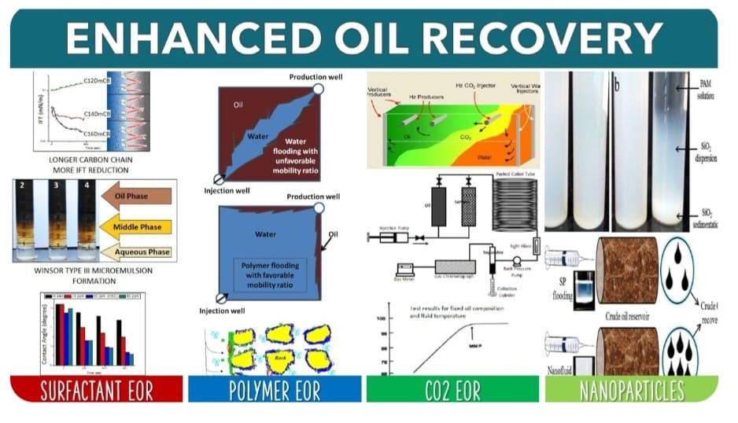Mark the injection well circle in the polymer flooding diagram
click(x=222, y=298)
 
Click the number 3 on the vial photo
click(x=55, y=187)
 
